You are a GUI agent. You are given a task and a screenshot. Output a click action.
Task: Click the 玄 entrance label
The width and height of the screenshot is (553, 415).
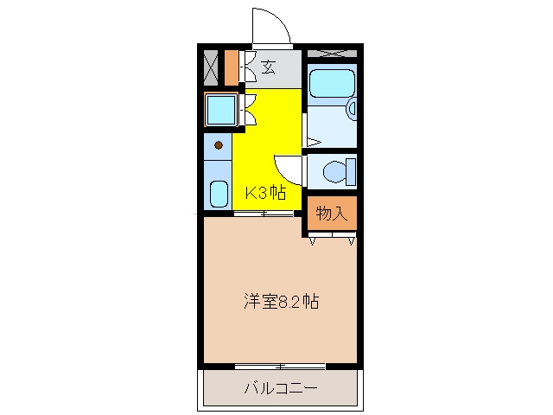point(269,67)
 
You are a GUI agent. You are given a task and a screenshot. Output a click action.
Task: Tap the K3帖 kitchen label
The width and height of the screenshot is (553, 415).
point(265,193)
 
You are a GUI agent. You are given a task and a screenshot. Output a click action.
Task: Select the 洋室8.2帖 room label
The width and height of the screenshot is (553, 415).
point(282,302)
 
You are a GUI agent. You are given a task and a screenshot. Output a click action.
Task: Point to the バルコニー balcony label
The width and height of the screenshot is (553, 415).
point(281,388)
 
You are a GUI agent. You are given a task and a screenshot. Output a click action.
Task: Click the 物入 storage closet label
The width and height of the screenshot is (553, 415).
point(332,214)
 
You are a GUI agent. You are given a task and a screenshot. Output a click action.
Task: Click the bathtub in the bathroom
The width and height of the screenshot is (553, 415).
point(332,83)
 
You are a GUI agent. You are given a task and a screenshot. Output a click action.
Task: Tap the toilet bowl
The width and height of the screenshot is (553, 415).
point(334,171)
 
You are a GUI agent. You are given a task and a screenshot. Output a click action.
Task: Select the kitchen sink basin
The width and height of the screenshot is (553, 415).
point(219,194)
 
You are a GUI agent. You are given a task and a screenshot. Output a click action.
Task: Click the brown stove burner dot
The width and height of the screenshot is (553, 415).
point(219,144)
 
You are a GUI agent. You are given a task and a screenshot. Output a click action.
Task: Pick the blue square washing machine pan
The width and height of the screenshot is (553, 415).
point(221,110)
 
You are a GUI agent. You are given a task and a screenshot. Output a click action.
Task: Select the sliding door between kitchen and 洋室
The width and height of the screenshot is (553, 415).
point(264,214)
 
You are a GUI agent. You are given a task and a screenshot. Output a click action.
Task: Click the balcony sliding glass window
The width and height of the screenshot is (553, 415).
point(280,367)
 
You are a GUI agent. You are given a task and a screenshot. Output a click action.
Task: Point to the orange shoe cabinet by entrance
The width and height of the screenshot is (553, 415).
point(232,68)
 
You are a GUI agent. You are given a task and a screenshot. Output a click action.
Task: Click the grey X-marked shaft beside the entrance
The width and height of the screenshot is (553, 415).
point(211,68)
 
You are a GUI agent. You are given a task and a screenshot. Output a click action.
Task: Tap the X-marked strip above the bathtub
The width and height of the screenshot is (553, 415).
point(332,54)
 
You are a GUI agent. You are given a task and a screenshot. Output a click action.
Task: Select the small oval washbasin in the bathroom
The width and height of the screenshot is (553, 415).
point(352,109)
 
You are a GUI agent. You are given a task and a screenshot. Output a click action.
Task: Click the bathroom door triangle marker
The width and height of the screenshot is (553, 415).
point(314,143)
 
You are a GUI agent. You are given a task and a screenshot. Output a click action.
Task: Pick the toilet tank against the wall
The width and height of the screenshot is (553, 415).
point(352,171)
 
